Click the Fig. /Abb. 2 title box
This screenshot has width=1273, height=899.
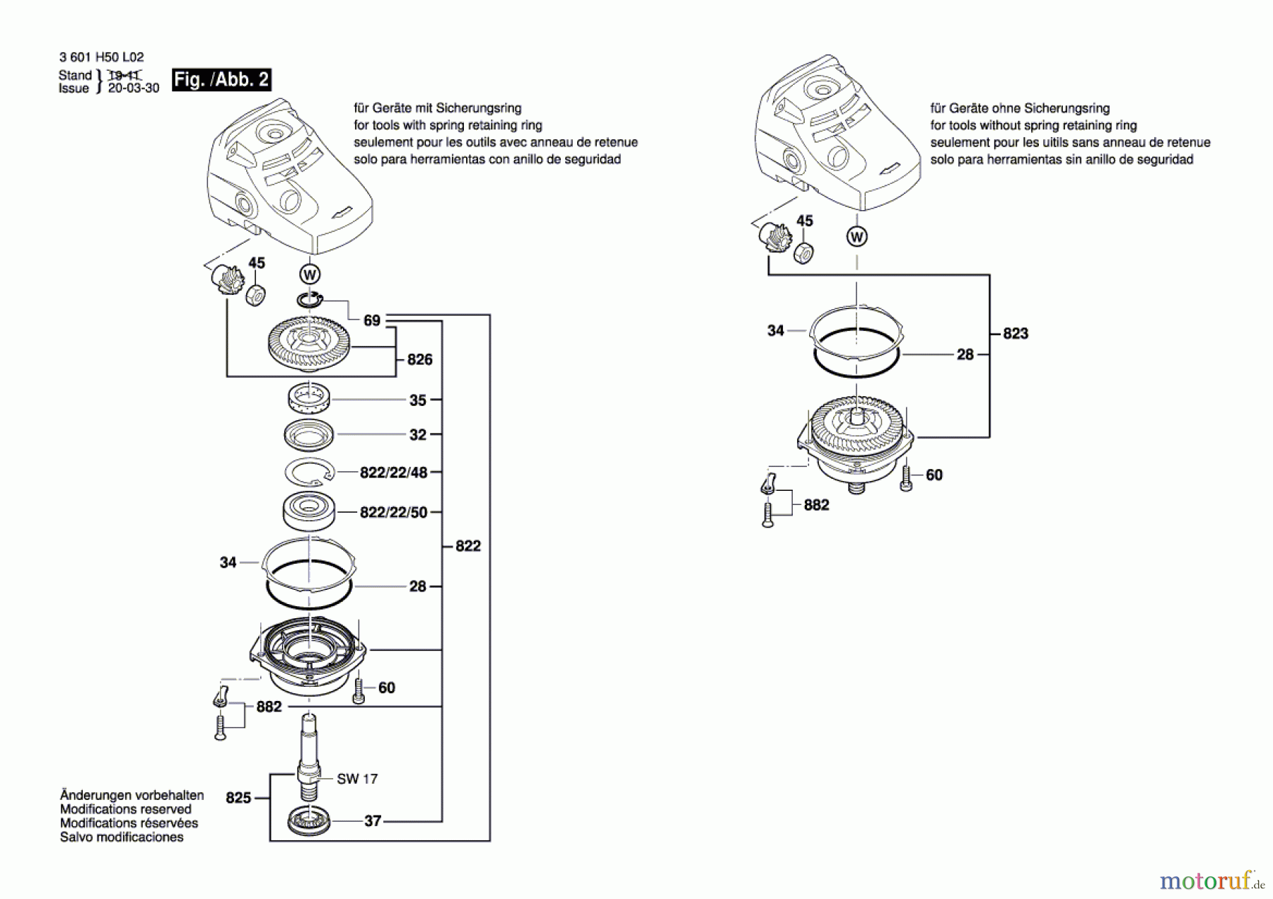pyautogui.click(x=221, y=79)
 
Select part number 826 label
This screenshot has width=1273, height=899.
pyautogui.click(x=419, y=359)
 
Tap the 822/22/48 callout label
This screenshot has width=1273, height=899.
pyautogui.click(x=393, y=472)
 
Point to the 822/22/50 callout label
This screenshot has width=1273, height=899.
pyautogui.click(x=393, y=512)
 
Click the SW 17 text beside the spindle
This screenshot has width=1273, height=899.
pyautogui.click(x=357, y=779)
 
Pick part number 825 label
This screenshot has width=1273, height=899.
pyautogui.click(x=238, y=798)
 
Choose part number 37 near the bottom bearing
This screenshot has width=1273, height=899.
pyautogui.click(x=373, y=821)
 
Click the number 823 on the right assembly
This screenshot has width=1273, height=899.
pyautogui.click(x=1016, y=333)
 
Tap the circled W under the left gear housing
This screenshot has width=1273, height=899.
pyautogui.click(x=310, y=274)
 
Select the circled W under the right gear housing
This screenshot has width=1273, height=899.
pyautogui.click(x=857, y=236)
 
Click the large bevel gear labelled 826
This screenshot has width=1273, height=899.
pyautogui.click(x=310, y=344)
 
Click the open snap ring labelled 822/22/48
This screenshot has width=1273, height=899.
pyautogui.click(x=310, y=472)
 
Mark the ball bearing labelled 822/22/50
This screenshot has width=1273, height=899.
pyautogui.click(x=309, y=512)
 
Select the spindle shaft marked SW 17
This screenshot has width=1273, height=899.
pyautogui.click(x=309, y=756)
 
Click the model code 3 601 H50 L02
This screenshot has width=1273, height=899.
pyautogui.click(x=102, y=57)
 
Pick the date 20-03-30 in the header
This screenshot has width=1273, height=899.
pyautogui.click(x=134, y=88)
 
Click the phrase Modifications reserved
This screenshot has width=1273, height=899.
pyautogui.click(x=126, y=809)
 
